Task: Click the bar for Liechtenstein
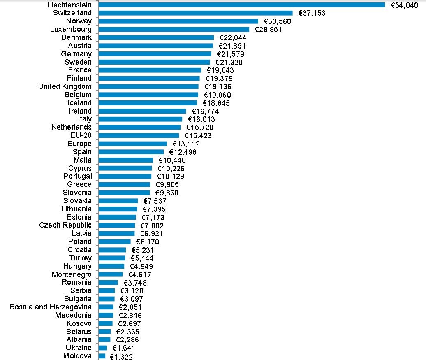(242, 5)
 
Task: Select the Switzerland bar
(196, 13)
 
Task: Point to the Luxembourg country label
(71, 29)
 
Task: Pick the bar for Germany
(155, 54)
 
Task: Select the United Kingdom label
(65, 86)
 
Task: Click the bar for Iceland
(148, 103)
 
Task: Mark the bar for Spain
(131, 152)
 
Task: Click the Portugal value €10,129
(171, 176)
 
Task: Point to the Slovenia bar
(125, 193)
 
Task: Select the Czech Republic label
(65, 225)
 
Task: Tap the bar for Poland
(115, 242)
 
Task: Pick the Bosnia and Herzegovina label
(51, 307)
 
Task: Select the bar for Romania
(109, 282)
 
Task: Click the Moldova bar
(102, 356)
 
